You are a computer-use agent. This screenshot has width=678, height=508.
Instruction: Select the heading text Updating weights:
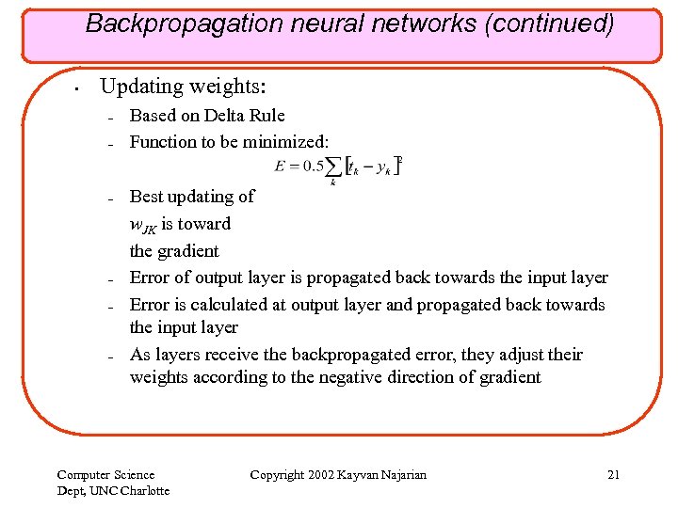coord(184,87)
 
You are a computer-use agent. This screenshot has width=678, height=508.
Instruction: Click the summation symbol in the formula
coord(333,169)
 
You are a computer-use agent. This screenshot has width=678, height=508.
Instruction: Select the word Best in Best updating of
coord(146,197)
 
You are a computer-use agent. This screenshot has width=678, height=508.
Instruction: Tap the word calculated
coord(231,305)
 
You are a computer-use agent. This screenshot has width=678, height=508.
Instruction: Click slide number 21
coord(613,475)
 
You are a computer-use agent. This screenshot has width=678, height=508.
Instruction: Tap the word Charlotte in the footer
coord(144,490)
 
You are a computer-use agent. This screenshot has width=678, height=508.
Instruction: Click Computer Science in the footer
coord(105,475)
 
